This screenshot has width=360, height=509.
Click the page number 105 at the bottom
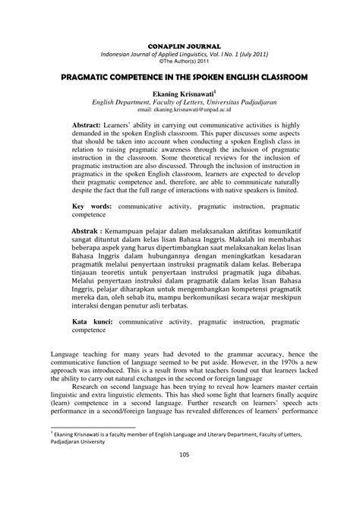(x=179, y=497)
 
